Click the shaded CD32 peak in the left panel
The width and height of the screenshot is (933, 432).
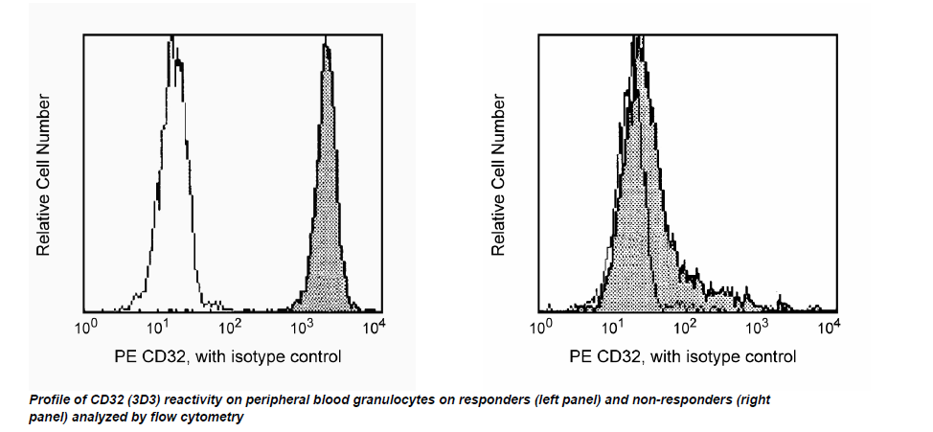(328, 192)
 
